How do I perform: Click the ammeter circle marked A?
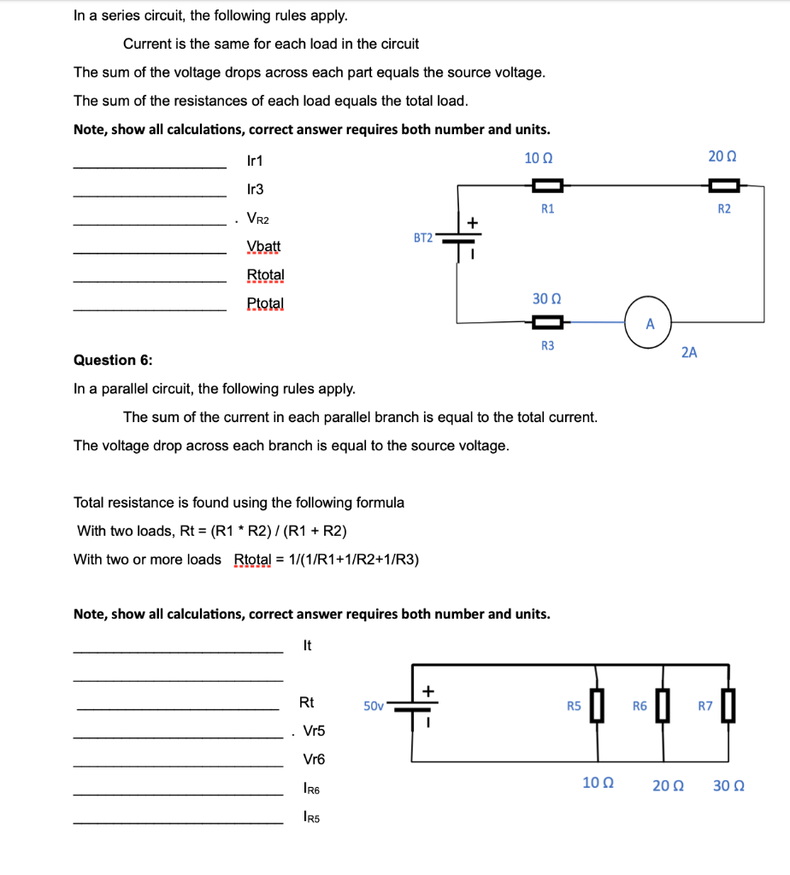pos(649,323)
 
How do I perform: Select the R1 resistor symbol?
pos(547,185)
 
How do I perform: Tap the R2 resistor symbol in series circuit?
pos(723,185)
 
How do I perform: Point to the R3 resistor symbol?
pos(547,322)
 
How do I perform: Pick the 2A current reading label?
pos(689,351)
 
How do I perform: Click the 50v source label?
pos(374,706)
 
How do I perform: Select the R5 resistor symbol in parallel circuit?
pos(597,707)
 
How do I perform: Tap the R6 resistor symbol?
pos(662,707)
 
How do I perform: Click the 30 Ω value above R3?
pos(546,298)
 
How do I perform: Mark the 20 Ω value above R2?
pos(722,157)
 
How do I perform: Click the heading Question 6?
pos(113,360)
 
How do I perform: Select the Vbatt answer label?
pos(263,247)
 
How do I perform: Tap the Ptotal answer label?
pos(265,303)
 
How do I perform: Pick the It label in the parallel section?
pos(308,646)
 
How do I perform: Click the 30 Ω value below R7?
pos(728,785)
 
